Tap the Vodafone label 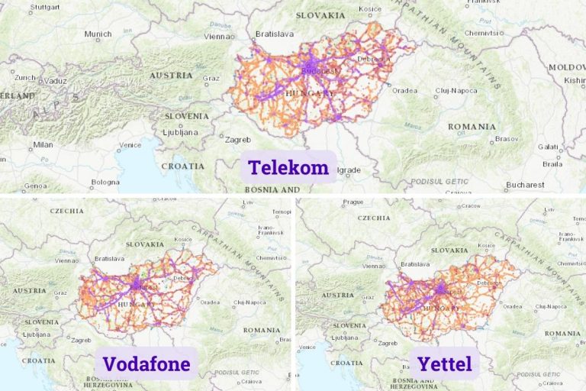(x=146, y=364)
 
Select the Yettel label (x=443, y=364)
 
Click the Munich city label (x=98, y=34)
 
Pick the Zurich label (x=25, y=78)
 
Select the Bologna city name (x=105, y=182)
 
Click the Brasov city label (x=507, y=139)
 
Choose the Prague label (x=353, y=202)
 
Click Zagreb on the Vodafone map (x=82, y=340)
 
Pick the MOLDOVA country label (x=566, y=67)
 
